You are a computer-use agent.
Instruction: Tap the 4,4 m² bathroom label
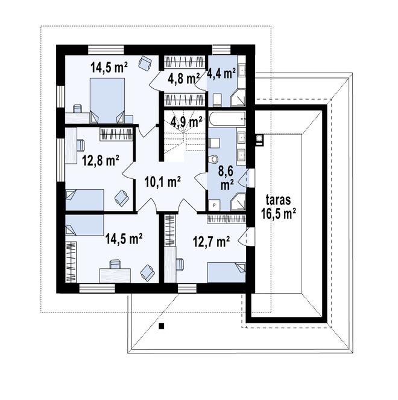click(x=221, y=74)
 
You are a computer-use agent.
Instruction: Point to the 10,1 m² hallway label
click(x=162, y=180)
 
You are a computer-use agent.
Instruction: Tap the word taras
click(x=277, y=199)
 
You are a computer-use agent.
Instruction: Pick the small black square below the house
click(x=162, y=327)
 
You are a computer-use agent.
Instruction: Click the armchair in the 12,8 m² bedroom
click(x=121, y=197)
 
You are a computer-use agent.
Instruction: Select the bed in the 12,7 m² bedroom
click(x=227, y=273)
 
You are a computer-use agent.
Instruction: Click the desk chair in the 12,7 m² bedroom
click(x=180, y=263)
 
